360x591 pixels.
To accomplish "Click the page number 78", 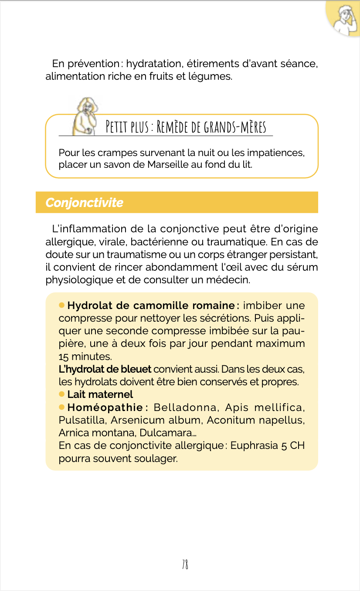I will click(x=185, y=564).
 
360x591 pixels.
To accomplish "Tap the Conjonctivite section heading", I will click(x=84, y=203).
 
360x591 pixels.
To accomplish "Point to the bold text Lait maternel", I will click(x=100, y=394).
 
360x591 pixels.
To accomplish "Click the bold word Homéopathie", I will click(x=105, y=408).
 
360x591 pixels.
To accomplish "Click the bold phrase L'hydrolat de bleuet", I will click(x=105, y=369).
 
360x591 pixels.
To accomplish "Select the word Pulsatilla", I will click(x=82, y=420).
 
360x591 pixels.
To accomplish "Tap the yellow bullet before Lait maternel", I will click(x=62, y=394).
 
